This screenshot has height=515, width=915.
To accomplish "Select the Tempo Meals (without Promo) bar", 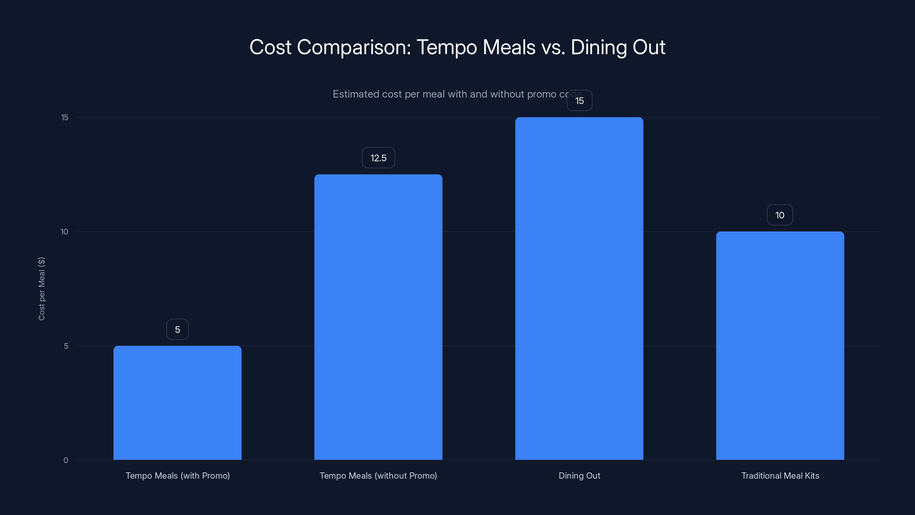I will [378, 317].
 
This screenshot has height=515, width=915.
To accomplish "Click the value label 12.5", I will [378, 158].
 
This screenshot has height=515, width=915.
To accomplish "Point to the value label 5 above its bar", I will [177, 330].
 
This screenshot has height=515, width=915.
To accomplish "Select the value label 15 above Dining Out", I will [579, 101].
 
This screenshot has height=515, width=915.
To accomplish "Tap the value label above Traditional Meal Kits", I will [780, 215].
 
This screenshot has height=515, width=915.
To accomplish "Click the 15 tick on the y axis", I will [65, 117].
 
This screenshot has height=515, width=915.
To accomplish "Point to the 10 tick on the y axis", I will [64, 232].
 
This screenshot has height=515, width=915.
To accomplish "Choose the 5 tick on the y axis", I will [66, 346].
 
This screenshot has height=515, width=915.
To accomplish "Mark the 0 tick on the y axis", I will [66, 460].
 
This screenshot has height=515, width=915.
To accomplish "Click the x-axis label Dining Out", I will [579, 476].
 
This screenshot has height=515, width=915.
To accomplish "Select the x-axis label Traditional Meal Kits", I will [780, 476].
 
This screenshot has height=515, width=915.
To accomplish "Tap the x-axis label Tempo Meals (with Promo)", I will [178, 476].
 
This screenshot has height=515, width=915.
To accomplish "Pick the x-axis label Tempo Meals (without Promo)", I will [378, 476].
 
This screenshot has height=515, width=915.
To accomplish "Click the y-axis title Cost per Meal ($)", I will [41, 289].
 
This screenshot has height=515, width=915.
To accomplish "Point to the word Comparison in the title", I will [354, 47].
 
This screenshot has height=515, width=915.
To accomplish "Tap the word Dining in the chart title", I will [598, 47].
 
